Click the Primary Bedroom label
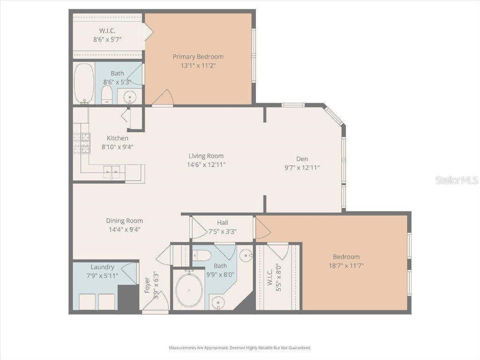click(x=198, y=57)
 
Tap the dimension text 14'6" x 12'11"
click(x=206, y=165)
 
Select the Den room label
click(x=302, y=158)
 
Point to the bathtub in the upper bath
click(x=84, y=83)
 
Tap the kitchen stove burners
click(x=82, y=143)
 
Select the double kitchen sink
click(x=112, y=172)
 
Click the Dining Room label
click(x=124, y=221)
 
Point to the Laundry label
click(x=102, y=267)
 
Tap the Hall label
click(x=223, y=223)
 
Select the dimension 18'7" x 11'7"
click(x=346, y=265)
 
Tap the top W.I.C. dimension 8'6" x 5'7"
click(x=107, y=40)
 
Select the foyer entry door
click(x=155, y=306)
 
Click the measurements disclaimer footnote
click(x=240, y=348)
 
